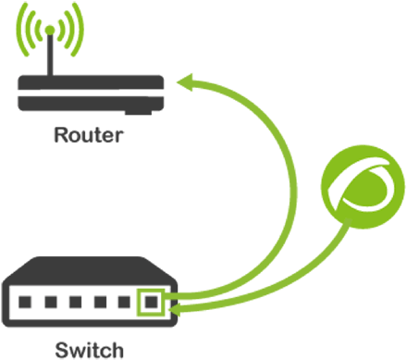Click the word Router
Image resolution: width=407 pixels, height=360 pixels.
(89, 137)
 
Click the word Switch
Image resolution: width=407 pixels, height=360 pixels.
(89, 350)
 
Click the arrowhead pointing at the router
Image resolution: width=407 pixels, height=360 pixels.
(185, 84)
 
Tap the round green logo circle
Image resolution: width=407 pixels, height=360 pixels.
(357, 190)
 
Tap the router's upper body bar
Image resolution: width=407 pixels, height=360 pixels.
(91, 81)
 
